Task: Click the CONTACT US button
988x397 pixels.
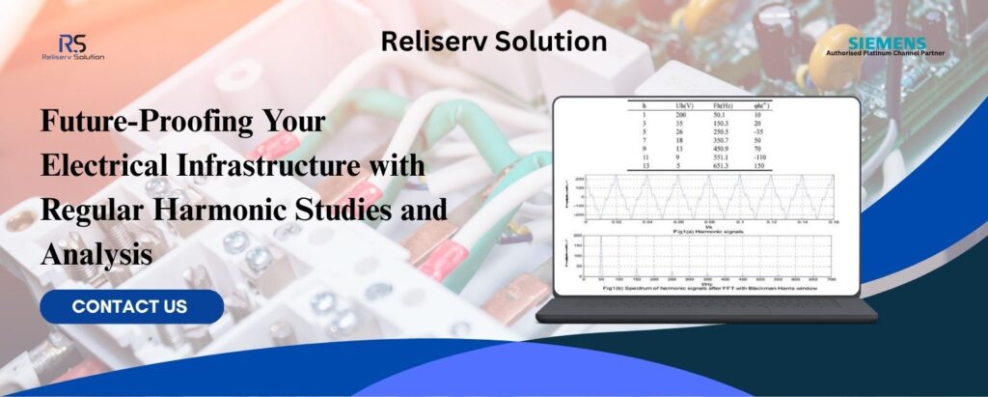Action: point(130,306)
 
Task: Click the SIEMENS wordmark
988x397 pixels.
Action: point(886,43)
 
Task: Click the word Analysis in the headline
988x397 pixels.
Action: point(96,254)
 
